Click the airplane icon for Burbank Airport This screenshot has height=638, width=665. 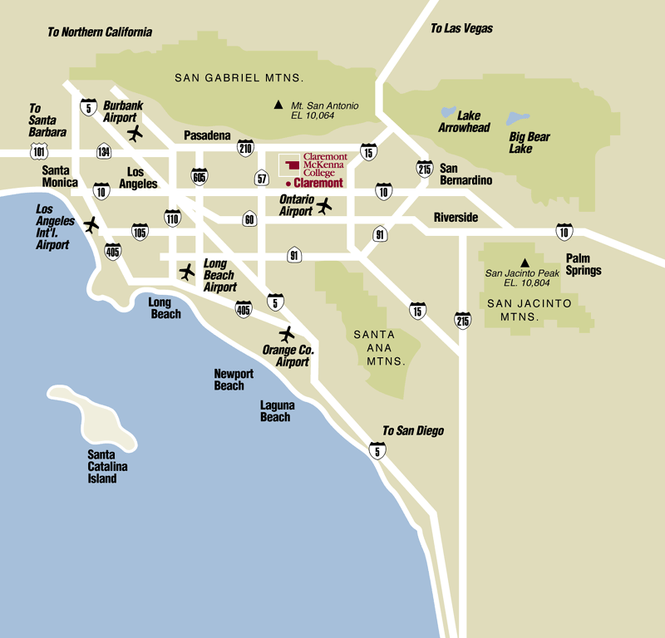135,133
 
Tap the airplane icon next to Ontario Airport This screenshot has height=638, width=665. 324,205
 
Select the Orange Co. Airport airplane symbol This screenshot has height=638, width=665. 288,334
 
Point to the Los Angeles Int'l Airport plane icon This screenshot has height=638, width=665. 91,223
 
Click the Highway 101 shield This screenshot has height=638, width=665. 38,150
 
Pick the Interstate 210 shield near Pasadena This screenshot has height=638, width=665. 245,149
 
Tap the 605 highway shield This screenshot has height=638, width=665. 199,176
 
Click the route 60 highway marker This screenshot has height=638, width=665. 249,219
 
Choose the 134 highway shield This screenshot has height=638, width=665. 104,151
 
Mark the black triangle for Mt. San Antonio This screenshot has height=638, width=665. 279,106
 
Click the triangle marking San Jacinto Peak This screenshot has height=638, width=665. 525,263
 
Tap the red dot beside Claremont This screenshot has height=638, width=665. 288,183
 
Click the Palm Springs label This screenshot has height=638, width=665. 584,265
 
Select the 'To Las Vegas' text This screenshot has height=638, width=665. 461,28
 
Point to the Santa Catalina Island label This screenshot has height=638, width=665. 108,466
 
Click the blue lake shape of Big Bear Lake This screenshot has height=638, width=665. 519,119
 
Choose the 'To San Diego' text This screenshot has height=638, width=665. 412,430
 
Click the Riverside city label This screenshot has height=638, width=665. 456,218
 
